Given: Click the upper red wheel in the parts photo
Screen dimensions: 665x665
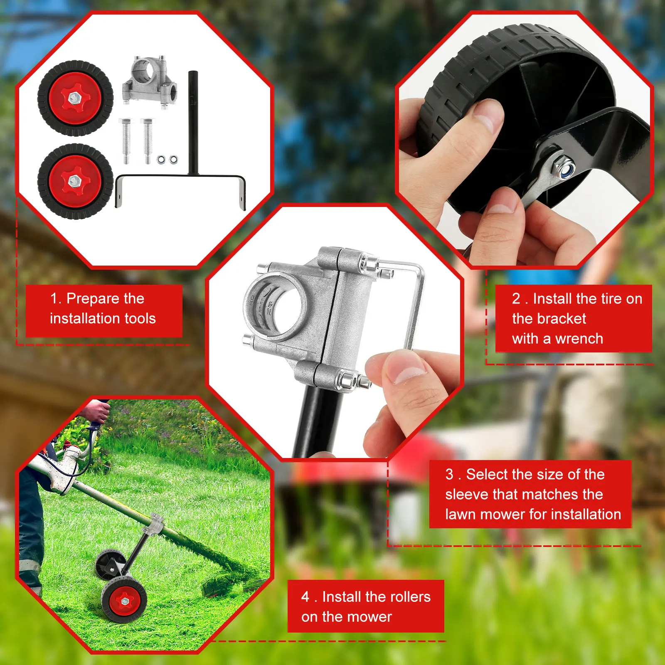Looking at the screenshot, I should (x=75, y=98).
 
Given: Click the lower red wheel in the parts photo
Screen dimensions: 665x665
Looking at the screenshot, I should (x=75, y=181).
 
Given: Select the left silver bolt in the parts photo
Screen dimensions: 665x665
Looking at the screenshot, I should (x=126, y=140).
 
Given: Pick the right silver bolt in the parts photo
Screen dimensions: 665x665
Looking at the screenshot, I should (x=148, y=140).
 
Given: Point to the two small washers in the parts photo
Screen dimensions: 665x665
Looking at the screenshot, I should (x=167, y=160).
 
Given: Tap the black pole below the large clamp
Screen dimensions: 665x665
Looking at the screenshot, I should (x=320, y=420).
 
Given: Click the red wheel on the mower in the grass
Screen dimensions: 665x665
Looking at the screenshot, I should (x=124, y=601).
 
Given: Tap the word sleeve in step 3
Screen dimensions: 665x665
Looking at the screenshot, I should (x=467, y=494).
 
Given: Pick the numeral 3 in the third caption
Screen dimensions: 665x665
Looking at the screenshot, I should (x=449, y=474).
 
